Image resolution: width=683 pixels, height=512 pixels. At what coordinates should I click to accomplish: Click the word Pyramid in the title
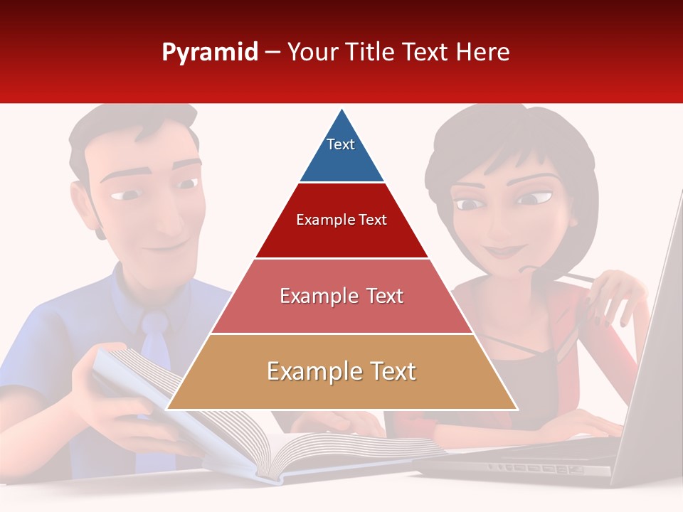209,53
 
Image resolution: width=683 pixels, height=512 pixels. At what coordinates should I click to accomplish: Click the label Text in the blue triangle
340,144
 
